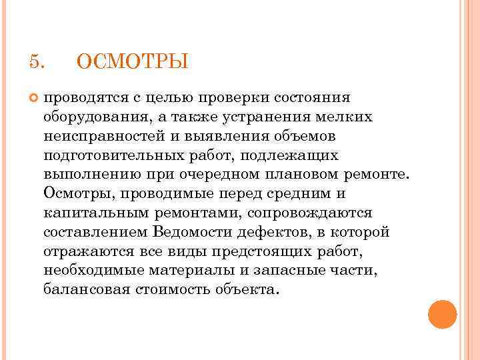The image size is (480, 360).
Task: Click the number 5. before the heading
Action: [x=37, y=62]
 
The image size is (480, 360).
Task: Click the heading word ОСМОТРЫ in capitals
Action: [x=133, y=63]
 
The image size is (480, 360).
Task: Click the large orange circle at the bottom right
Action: [x=442, y=315]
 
